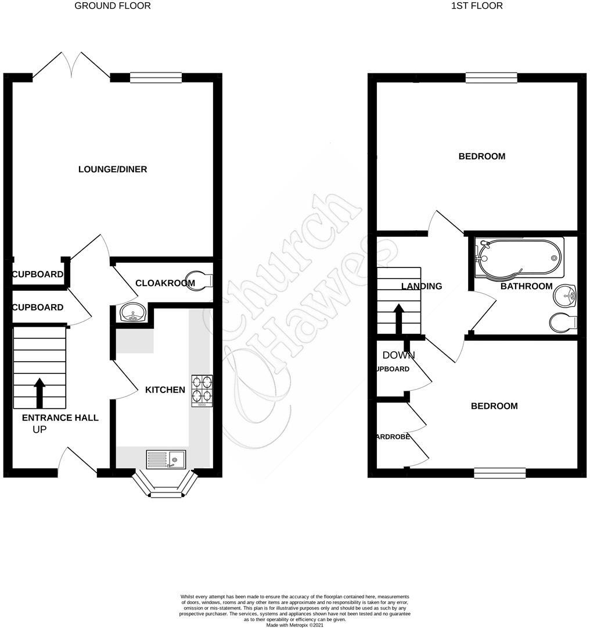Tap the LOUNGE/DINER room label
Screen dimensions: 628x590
113,169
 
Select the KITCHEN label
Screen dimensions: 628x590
165,390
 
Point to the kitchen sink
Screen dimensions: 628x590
166,459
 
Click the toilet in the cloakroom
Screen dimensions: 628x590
199,281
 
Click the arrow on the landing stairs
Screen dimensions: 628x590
399,319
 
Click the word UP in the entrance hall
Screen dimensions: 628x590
39,430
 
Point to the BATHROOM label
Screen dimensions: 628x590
526,286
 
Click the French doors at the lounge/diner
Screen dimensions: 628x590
71,66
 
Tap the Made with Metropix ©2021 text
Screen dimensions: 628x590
294,625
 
